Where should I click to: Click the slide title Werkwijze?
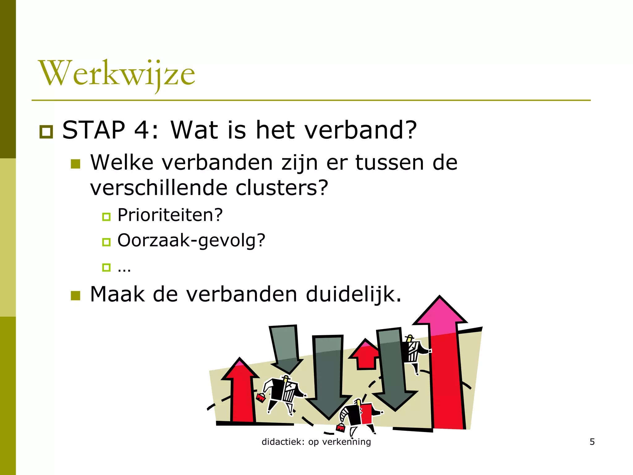(117, 74)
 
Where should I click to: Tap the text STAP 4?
(110, 130)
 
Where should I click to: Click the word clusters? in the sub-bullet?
(282, 188)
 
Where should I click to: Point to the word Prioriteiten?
(170, 215)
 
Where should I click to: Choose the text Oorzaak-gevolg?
(191, 241)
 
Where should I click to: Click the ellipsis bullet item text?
(124, 268)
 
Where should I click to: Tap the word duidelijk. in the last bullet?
(354, 294)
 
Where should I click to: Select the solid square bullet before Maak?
(75, 296)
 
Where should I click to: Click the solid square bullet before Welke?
(75, 164)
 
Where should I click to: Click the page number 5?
(592, 442)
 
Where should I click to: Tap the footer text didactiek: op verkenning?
(316, 442)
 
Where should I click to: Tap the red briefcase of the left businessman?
(261, 398)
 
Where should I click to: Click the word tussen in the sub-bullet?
(389, 163)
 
